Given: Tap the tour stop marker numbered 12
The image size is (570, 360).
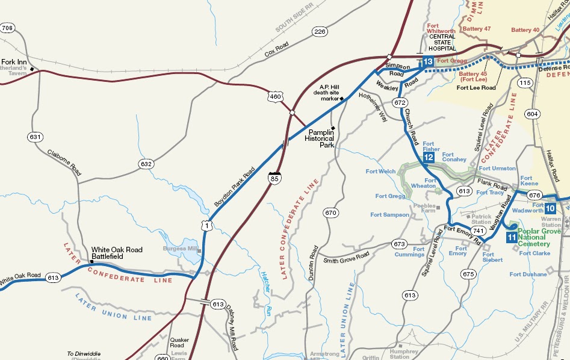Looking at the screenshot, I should point(429,158).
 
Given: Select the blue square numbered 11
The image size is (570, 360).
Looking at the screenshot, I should point(511,237).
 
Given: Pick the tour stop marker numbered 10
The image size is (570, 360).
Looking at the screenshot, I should point(551,208).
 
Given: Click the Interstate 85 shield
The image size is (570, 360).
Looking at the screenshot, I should point(274,178).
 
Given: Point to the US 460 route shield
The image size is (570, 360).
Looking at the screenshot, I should point(274,96).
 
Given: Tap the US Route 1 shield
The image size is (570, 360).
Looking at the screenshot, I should point(207,225).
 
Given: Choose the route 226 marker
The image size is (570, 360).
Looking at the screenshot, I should point(320,31).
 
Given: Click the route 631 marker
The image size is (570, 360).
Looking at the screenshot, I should point(36,137).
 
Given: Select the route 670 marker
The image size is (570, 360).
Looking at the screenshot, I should point(330,213).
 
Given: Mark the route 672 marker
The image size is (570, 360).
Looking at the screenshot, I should point(398,102).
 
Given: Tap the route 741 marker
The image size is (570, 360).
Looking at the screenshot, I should point(479,231).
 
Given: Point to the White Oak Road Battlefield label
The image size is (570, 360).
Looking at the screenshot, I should point(117,253).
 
